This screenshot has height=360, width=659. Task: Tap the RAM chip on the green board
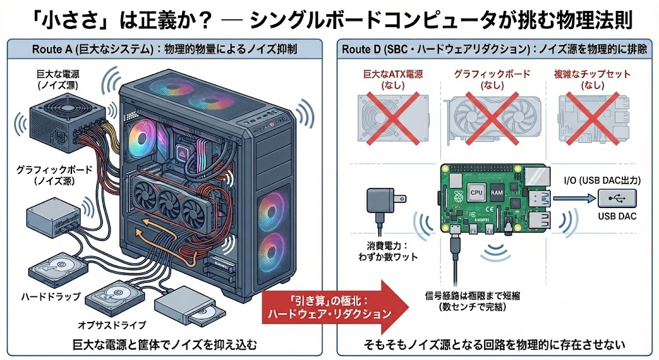pyautogui.click(x=496, y=193)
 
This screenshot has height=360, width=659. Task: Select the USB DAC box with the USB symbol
pyautogui.click(x=617, y=198)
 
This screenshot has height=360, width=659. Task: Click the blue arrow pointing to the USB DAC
pyautogui.click(x=574, y=198)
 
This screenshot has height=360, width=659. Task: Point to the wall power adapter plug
pyautogui.click(x=385, y=202)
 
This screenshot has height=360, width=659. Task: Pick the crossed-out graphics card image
pyautogui.click(x=492, y=119)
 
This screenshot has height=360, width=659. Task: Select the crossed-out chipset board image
pyautogui.click(x=593, y=118)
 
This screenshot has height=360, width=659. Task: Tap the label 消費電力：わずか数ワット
pyautogui.click(x=387, y=251)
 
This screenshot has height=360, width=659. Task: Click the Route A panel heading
pyautogui.click(x=164, y=50)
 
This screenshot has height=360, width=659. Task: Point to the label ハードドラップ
pyautogui.click(x=51, y=296)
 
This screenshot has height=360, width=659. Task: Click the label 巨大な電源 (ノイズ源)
pyautogui.click(x=57, y=79)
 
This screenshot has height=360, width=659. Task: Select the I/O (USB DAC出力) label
pyautogui.click(x=602, y=181)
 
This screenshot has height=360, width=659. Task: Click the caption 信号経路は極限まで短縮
pyautogui.click(x=472, y=296)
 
